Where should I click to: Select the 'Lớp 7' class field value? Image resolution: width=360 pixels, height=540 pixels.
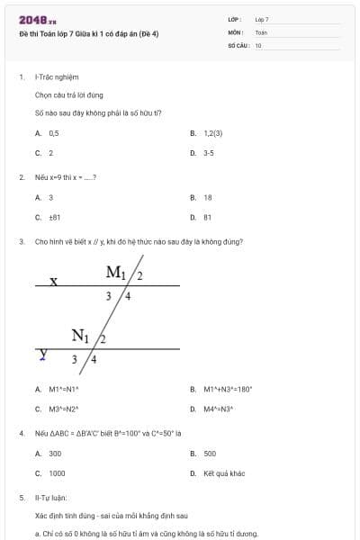[262, 19]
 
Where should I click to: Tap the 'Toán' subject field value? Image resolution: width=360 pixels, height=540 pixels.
[261, 31]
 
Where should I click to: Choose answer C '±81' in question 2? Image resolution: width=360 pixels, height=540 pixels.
[54, 217]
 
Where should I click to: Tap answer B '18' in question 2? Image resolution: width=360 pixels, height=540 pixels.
[208, 196]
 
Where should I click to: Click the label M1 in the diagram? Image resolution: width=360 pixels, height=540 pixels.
[116, 272]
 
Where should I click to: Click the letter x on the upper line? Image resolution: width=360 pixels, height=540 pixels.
[54, 281]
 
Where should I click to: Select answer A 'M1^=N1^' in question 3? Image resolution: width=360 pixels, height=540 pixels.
[64, 389]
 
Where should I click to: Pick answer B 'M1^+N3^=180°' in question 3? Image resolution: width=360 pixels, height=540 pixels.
[228, 389]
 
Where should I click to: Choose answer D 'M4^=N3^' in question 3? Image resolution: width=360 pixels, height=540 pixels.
[219, 409]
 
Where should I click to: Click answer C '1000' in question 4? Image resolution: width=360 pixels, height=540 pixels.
[57, 472]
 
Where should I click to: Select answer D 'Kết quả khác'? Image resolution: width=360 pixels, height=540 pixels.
[222, 472]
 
